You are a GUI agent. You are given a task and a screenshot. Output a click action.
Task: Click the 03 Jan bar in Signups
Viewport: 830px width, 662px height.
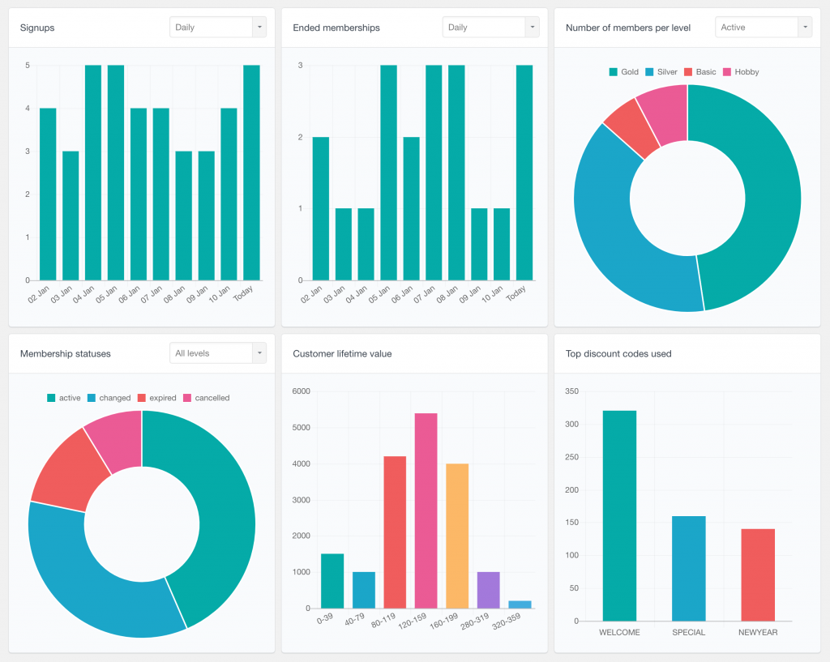[x=71, y=215]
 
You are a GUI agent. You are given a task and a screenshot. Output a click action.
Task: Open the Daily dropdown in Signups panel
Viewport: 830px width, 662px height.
[x=217, y=28]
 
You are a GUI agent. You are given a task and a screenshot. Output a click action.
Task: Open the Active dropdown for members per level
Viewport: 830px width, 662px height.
[x=763, y=28]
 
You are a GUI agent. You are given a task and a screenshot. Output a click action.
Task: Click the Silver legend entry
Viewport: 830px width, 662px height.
[x=661, y=72]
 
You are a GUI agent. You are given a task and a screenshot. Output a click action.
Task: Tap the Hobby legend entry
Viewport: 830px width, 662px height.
[x=741, y=72]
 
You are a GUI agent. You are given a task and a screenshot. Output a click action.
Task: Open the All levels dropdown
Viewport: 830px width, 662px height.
[x=217, y=353]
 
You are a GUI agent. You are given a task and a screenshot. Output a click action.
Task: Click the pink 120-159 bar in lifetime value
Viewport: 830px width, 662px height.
[x=426, y=510]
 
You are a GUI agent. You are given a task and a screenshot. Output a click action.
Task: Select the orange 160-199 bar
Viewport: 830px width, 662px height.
[x=457, y=536]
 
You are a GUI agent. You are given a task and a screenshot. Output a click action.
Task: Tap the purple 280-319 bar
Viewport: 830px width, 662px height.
[x=488, y=590]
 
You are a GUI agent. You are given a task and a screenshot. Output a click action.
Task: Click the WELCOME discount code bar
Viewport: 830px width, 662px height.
[x=619, y=515]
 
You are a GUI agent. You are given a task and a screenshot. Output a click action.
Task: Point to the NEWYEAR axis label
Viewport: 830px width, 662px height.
[x=757, y=633]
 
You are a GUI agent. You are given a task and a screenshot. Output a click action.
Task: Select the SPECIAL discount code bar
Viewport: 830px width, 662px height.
[x=688, y=568]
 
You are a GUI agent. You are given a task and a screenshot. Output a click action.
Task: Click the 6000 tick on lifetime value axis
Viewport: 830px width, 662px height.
[x=301, y=391]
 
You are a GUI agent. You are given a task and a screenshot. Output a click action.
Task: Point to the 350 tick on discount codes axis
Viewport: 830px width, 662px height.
[x=572, y=391]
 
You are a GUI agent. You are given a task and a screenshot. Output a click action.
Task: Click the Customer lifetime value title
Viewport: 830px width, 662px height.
[x=342, y=354]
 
